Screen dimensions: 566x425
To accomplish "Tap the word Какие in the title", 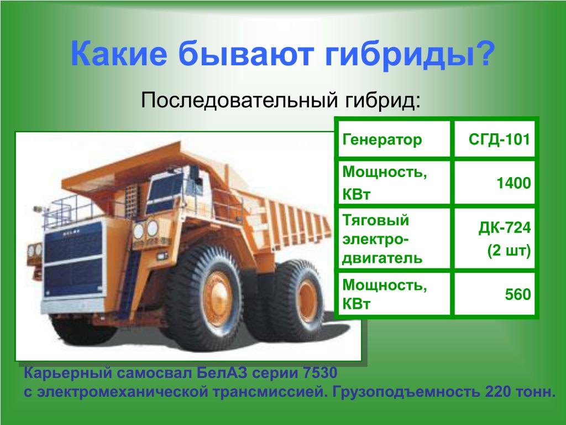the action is (119, 54).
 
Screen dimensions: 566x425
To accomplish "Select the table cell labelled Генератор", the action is (394, 139).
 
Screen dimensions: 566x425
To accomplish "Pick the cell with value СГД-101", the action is (495, 139).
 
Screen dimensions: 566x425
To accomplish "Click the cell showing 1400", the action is (495, 183).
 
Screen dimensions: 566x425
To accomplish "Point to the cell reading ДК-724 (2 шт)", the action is (495, 239).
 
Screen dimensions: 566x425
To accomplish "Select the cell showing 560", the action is (495, 294).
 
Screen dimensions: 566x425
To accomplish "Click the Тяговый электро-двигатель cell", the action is (394, 239).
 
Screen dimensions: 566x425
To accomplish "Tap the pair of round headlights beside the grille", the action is (145, 230).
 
